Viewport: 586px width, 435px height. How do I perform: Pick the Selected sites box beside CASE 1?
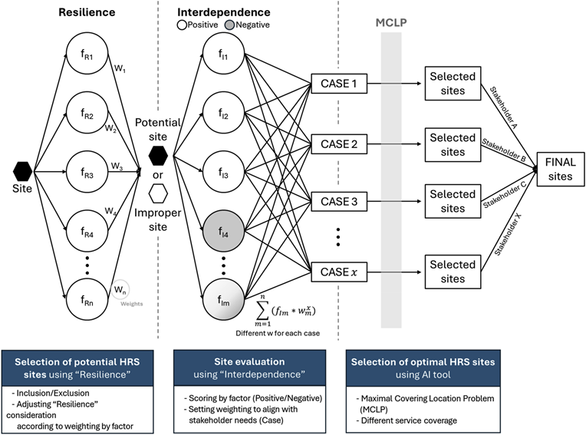[452, 84]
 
